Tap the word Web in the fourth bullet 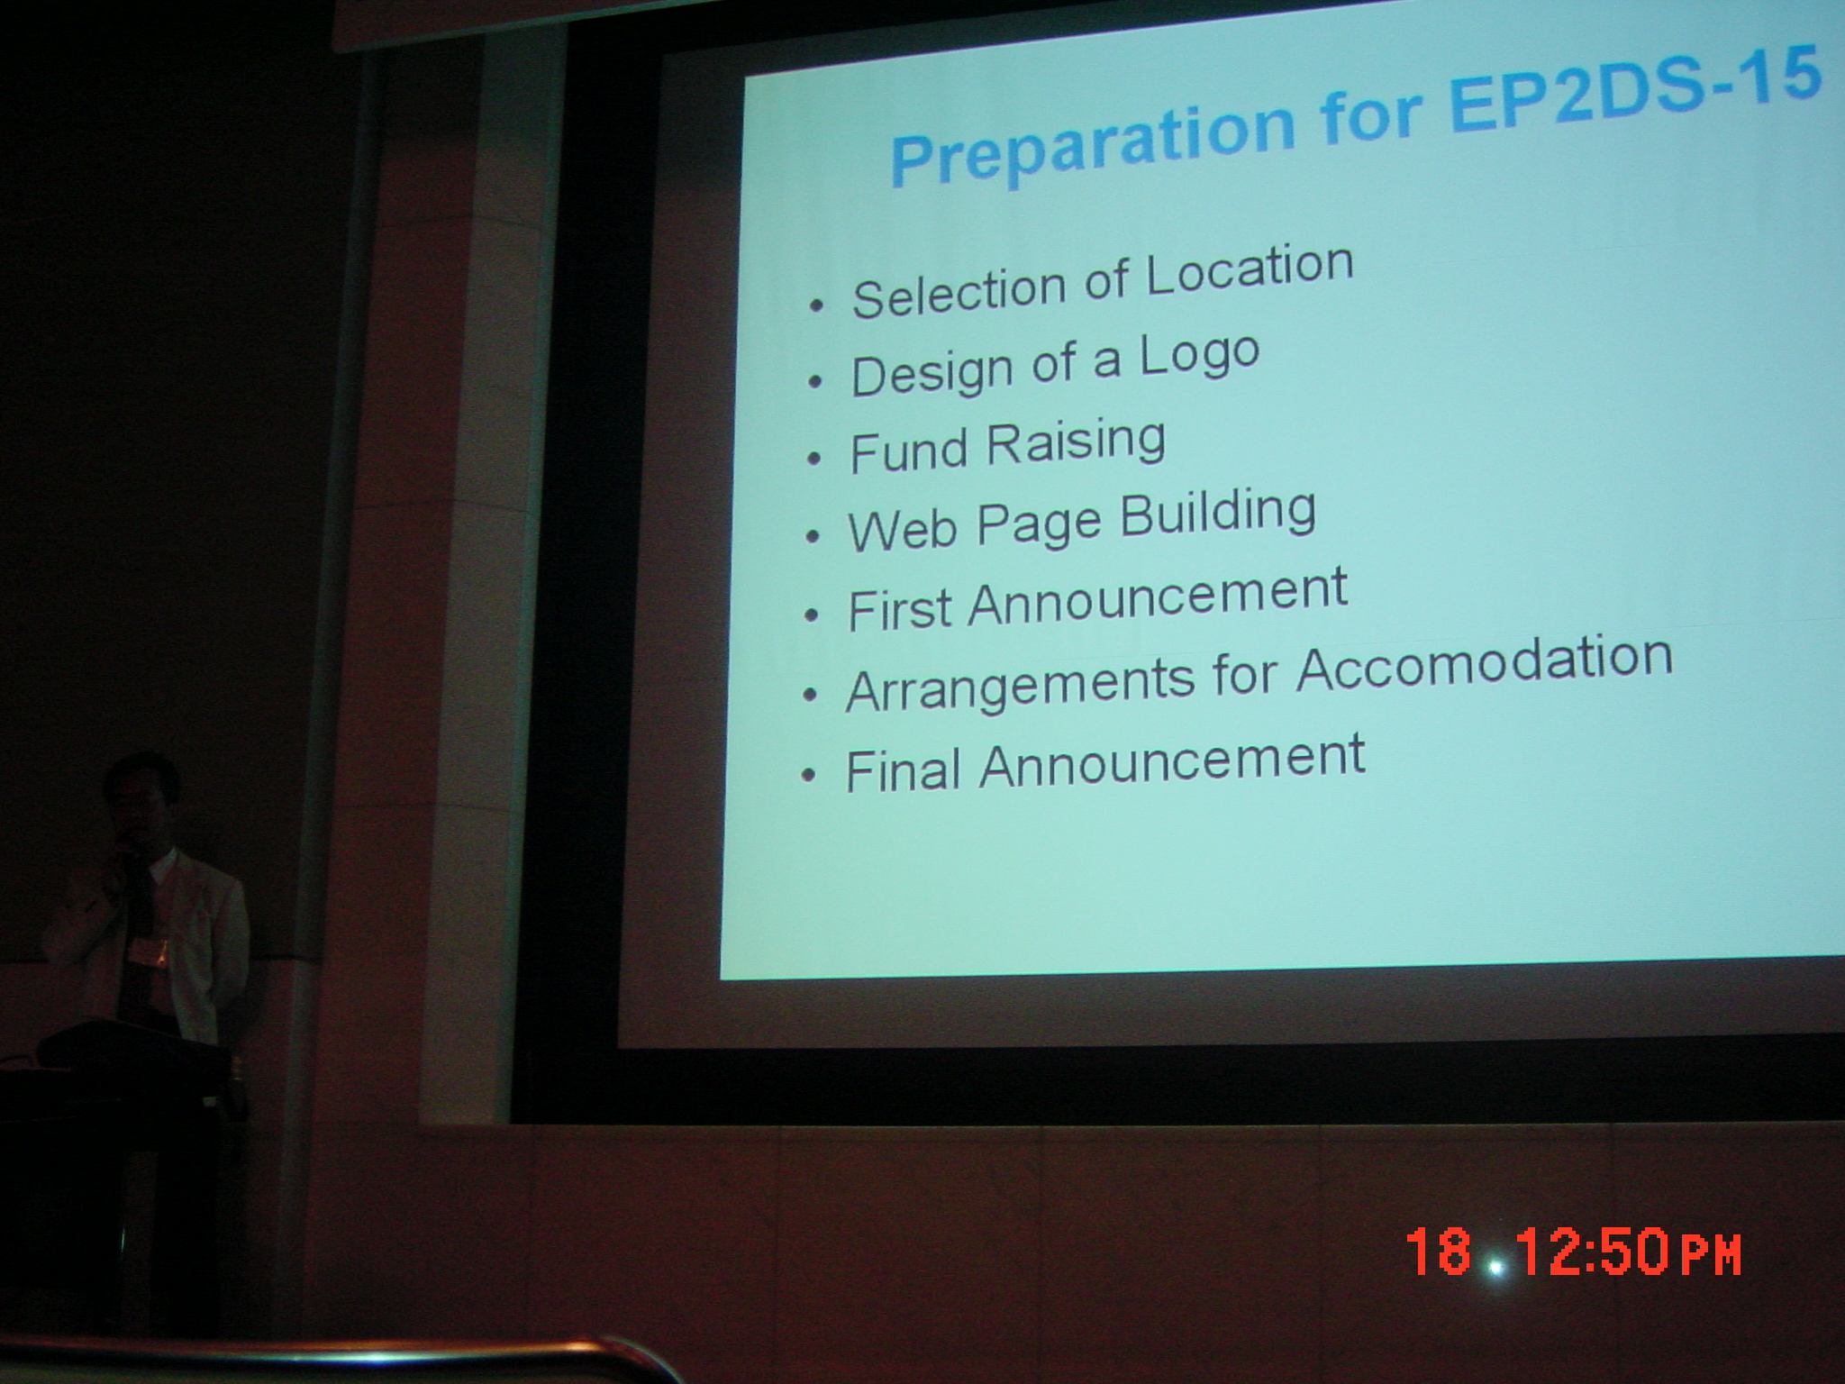[x=901, y=529]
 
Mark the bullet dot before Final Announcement [x=810, y=776]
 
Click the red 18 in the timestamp [x=1439, y=1251]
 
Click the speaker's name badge [x=152, y=950]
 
